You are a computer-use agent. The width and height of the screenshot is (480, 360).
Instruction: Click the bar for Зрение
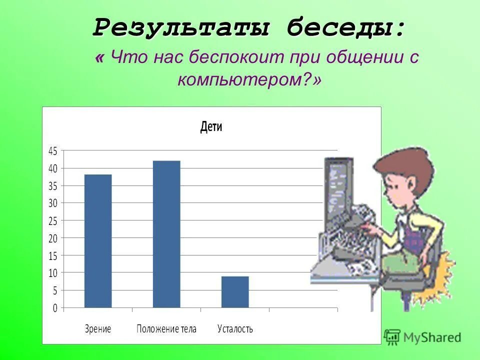coord(98,241)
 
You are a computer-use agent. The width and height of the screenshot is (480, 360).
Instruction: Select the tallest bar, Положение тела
coord(166,234)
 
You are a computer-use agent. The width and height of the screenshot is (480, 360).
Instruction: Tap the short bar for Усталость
coord(235,292)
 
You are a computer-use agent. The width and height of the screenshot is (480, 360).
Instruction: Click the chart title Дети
coord(211,127)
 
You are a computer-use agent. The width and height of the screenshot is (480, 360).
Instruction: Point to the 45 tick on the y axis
coord(53,150)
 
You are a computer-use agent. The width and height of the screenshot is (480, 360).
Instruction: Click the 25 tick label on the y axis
coord(53,220)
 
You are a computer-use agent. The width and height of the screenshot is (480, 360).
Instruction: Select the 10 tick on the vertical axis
coord(53,273)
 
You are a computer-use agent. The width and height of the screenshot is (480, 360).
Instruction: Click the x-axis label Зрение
coord(97,329)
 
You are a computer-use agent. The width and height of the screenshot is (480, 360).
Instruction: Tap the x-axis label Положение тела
coord(166,329)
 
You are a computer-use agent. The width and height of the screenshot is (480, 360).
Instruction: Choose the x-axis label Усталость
coord(235,329)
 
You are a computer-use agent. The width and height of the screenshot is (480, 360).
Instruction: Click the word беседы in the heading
coord(345,27)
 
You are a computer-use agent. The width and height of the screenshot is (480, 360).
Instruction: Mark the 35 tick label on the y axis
coord(53,185)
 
